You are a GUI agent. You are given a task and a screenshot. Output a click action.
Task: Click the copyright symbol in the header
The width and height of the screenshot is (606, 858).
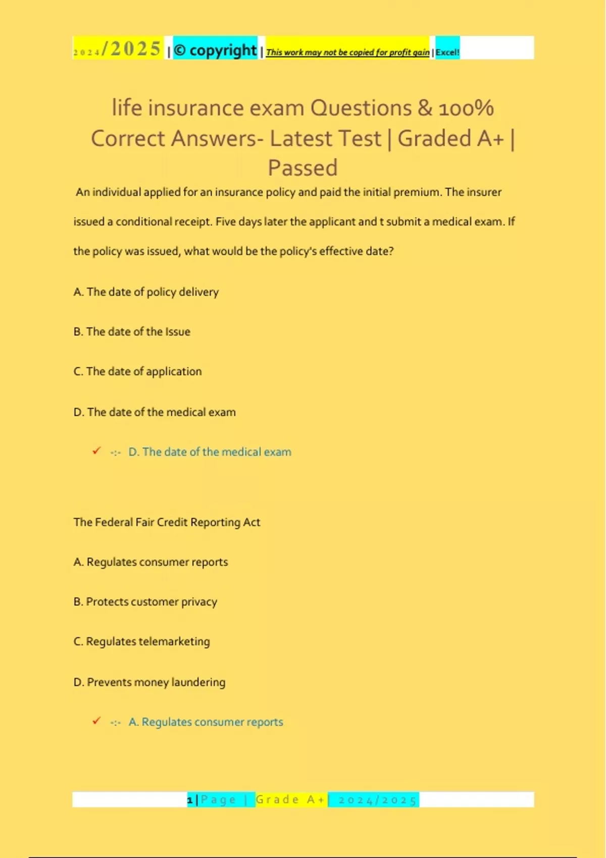pos(180,50)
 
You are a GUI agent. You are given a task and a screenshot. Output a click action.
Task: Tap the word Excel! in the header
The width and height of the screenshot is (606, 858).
pos(447,52)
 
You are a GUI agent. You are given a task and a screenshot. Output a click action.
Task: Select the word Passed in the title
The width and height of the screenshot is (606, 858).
pos(302,168)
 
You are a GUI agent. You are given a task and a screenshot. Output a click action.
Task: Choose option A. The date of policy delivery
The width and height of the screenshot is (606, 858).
pos(146,292)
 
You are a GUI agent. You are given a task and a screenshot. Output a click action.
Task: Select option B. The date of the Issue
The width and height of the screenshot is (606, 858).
pos(132,332)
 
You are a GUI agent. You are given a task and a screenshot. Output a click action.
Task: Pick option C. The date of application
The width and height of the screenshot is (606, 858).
pos(137,371)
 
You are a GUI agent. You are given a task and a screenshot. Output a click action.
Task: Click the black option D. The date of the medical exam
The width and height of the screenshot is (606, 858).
pos(155,412)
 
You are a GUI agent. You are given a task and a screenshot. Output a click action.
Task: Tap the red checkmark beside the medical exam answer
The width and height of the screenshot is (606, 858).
pos(96,451)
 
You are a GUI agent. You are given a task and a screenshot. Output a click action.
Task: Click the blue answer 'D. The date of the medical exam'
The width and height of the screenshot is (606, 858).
pos(210,452)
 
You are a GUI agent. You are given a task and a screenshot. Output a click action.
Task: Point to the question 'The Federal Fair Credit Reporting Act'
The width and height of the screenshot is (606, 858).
pos(167,522)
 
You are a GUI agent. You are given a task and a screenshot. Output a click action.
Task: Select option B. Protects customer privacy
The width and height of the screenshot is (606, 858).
pos(145,602)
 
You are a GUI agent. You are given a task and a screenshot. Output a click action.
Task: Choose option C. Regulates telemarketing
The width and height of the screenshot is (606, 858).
pos(141,641)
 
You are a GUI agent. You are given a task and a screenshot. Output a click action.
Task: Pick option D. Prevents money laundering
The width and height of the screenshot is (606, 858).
pos(149,682)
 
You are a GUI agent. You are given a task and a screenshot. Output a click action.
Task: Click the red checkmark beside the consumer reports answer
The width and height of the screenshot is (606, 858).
pos(96,721)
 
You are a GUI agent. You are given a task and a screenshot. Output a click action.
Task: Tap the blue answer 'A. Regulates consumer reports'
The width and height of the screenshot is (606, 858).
pos(206,722)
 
